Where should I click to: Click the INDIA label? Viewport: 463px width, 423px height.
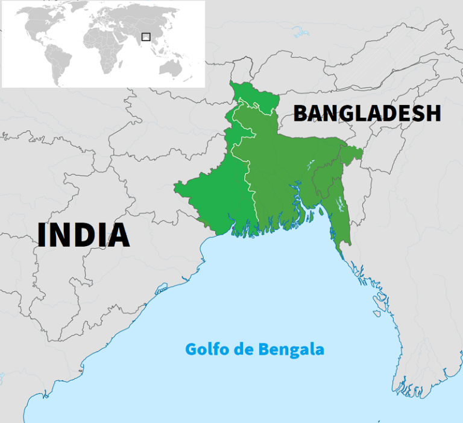[x=83, y=235]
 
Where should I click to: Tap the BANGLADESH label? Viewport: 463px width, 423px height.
[x=367, y=113]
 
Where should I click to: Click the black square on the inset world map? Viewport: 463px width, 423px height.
[x=145, y=37]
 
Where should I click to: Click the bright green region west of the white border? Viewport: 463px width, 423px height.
[x=217, y=193]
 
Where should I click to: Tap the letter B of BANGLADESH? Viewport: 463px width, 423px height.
[x=301, y=113]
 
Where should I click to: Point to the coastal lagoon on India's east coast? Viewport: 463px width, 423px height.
[x=162, y=290]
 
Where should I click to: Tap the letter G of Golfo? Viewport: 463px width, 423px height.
[x=191, y=349]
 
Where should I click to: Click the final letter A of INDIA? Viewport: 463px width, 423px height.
[x=118, y=235]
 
